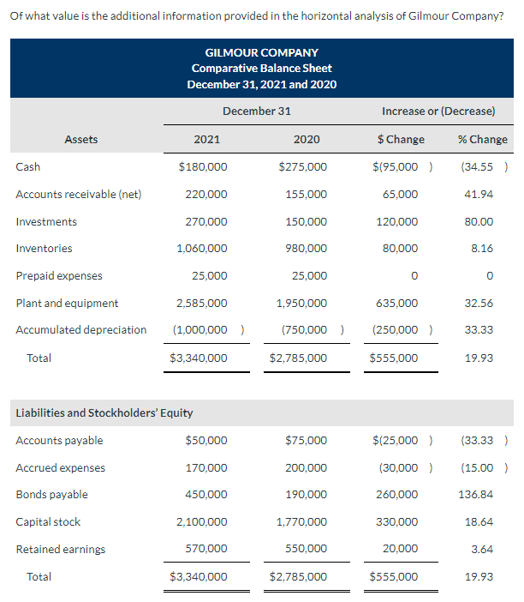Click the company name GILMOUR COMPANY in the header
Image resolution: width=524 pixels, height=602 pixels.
pos(261,52)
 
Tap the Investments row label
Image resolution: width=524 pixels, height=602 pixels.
pos(46,221)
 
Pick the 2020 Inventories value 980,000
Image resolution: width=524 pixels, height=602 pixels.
pos(306,249)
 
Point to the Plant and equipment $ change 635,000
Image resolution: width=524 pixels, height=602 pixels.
pos(396,303)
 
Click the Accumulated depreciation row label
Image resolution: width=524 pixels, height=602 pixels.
pos(81,330)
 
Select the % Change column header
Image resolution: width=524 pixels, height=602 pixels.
pos(482,139)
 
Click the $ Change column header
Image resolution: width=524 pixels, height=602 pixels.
pos(401,139)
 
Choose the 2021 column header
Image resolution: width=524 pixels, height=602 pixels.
pos(206,139)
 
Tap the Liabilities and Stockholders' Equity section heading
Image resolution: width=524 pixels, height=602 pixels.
pos(104,413)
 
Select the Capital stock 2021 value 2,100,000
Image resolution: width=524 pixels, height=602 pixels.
pos(201,521)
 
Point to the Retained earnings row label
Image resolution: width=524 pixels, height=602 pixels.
pos(61,549)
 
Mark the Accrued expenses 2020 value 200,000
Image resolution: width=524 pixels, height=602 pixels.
pos(306,467)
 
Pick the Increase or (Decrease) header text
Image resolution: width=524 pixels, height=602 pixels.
pos(438,111)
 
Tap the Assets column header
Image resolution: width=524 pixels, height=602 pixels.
pos(81,139)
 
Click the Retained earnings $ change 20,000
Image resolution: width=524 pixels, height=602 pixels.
pos(401,549)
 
